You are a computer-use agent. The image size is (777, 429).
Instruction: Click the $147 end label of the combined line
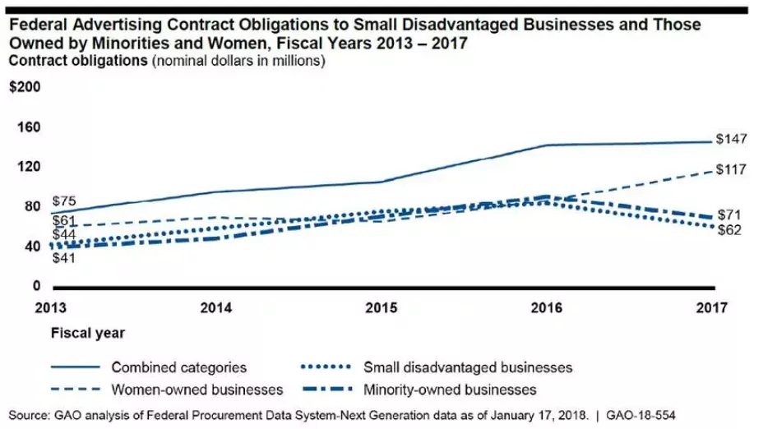coord(731,139)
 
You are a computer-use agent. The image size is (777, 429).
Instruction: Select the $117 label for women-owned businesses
coord(731,170)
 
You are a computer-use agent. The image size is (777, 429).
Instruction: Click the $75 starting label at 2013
coord(64,201)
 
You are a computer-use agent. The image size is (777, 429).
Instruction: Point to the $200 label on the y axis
coord(24,89)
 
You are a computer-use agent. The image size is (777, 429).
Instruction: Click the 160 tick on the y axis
coord(28,127)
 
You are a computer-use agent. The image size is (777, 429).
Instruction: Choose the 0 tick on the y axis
coord(36,286)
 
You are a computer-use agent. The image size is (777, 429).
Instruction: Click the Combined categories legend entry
coord(178,367)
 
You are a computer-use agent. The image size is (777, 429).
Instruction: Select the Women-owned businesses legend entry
coord(197,389)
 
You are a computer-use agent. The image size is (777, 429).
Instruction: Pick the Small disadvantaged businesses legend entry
coord(467,367)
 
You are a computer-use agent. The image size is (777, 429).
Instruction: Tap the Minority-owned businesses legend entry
coord(450,389)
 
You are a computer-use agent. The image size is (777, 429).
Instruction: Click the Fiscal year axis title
coord(88,334)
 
